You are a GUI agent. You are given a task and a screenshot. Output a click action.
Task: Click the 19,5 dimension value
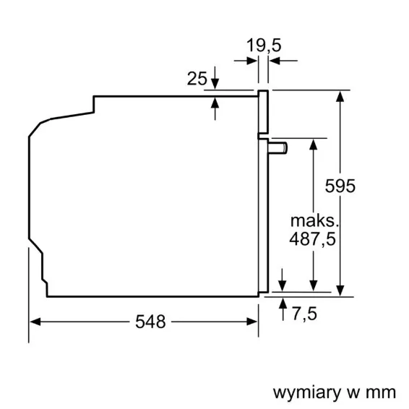pyautogui.click(x=264, y=46)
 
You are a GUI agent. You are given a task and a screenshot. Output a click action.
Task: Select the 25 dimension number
pyautogui.click(x=197, y=78)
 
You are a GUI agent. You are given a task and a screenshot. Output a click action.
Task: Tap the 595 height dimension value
pyautogui.click(x=340, y=186)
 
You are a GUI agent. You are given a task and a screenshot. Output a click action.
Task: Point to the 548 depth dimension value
pyautogui.click(x=150, y=322)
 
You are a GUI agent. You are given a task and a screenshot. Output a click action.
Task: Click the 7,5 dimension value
pyautogui.click(x=304, y=314)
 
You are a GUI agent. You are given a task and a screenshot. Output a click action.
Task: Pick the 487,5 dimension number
pyautogui.click(x=312, y=239)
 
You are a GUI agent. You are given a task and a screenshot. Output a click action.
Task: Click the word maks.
pyautogui.click(x=314, y=220)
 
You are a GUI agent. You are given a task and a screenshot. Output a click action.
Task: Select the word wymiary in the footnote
pyautogui.click(x=307, y=393)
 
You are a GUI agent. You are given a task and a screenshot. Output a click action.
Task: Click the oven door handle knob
pyautogui.click(x=278, y=148)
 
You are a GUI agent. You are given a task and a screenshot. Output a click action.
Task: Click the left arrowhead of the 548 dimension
pyautogui.click(x=35, y=322)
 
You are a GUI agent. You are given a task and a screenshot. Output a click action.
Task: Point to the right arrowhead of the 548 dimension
pyautogui.click(x=252, y=322)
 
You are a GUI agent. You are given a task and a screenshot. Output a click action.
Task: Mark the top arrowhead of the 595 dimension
pyautogui.click(x=340, y=96)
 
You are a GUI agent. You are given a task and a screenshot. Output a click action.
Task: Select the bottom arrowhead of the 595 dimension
pyautogui.click(x=340, y=290)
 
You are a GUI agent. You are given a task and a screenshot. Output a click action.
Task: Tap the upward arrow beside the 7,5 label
pyautogui.click(x=283, y=309)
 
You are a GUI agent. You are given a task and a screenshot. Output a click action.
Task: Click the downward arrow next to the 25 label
pyautogui.click(x=215, y=77)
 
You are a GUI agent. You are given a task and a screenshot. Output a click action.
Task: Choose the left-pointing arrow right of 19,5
pyautogui.click(x=283, y=61)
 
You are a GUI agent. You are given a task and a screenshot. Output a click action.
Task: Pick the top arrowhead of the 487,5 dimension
pyautogui.click(x=314, y=145)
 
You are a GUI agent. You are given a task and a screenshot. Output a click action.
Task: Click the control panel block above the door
pyautogui.click(x=263, y=111)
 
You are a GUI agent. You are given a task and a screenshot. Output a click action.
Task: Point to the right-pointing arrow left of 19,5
pyautogui.click(x=246, y=61)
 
